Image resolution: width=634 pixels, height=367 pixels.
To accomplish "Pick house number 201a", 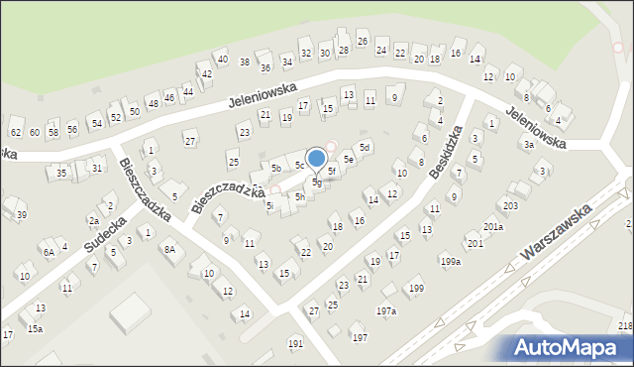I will pos(493,227).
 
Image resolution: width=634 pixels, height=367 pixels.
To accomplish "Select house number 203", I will pos(510,206).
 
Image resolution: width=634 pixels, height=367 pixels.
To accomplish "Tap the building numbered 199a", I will pos(451,262).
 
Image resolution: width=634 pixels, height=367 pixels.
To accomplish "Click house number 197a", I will pos(385,311).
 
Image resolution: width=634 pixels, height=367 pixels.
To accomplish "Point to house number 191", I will pos(295,343).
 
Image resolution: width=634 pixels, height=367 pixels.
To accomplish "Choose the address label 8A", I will pos(169,249).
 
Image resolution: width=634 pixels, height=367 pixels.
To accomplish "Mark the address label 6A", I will pos(48,253).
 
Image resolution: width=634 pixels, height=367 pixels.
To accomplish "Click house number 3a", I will pos(529,145).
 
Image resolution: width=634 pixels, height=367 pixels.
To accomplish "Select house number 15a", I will pos(35,328).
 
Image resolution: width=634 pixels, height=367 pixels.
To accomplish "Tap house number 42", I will pos(206,73).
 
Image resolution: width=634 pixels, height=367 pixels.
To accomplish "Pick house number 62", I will pos(16,132).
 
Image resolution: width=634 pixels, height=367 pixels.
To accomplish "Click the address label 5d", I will pos(365,148).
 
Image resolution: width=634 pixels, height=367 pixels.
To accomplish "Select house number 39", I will pos(21,215).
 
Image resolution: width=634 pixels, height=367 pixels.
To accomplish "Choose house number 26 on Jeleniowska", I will pos(363,41).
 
